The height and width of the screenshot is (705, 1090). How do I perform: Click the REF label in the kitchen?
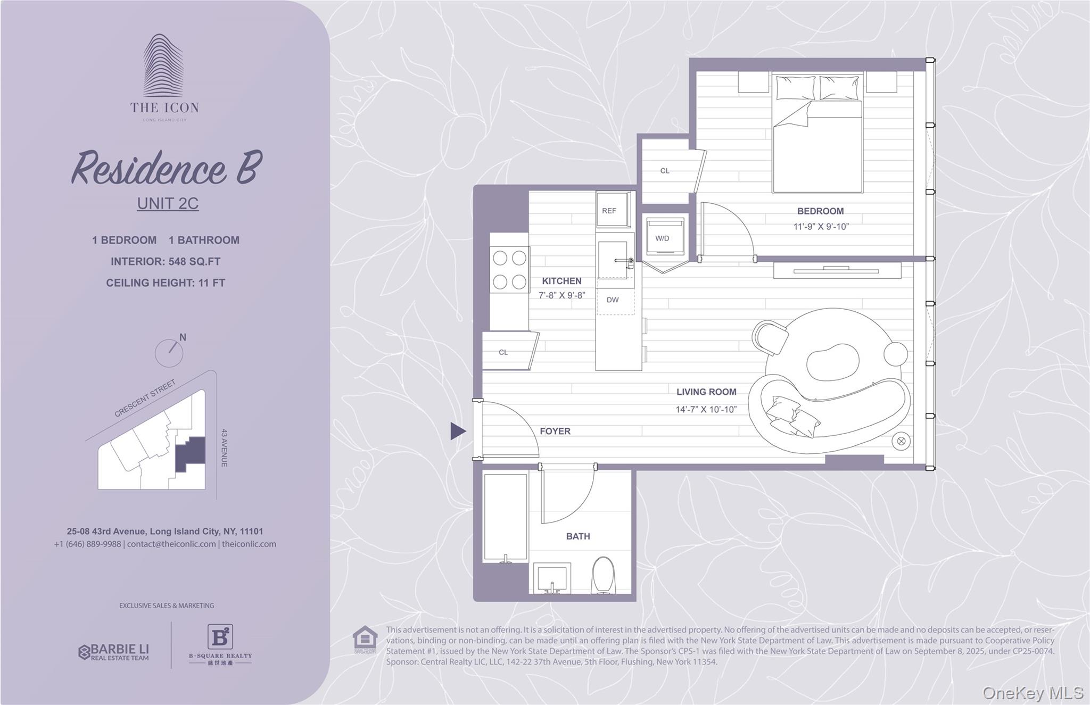609,211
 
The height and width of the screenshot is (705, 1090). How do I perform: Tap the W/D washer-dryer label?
662,238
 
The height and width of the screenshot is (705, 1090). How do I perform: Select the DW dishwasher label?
613,300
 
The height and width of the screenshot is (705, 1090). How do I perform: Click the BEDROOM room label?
820,211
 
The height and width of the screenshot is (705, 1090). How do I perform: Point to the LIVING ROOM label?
706,392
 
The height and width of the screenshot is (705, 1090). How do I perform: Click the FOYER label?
555,432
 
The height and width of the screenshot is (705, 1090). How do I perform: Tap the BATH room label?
578,536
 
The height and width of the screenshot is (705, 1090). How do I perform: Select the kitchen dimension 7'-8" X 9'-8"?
561,295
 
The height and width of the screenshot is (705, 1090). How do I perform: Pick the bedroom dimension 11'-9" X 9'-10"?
821,227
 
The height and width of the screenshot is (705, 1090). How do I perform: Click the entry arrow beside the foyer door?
457,431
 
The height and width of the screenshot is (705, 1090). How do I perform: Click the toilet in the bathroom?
603,575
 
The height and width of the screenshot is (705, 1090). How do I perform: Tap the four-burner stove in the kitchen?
509,270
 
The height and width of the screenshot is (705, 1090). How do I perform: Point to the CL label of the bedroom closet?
665,171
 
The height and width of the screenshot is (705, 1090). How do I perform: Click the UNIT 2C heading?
168,203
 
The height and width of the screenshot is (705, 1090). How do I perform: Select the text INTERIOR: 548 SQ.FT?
166,262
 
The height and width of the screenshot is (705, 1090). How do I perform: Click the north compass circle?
169,353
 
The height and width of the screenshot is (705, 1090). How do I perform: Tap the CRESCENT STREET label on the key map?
145,398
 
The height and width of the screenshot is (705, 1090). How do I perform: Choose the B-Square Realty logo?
220,644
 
